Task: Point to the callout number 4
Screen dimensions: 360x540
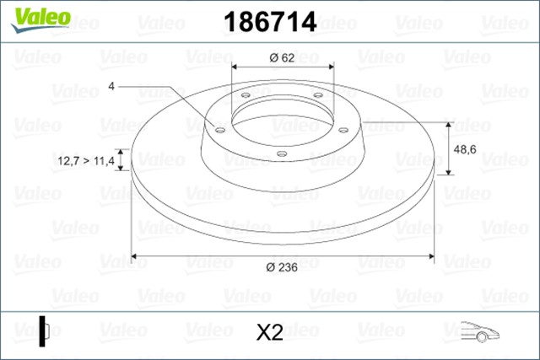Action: tap(111, 86)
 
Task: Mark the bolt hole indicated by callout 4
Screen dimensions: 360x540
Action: tap(219, 130)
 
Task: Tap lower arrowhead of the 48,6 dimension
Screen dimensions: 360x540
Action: tap(448, 172)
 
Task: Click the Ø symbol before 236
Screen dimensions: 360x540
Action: tap(268, 267)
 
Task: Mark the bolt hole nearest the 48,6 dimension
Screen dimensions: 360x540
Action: tap(343, 129)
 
